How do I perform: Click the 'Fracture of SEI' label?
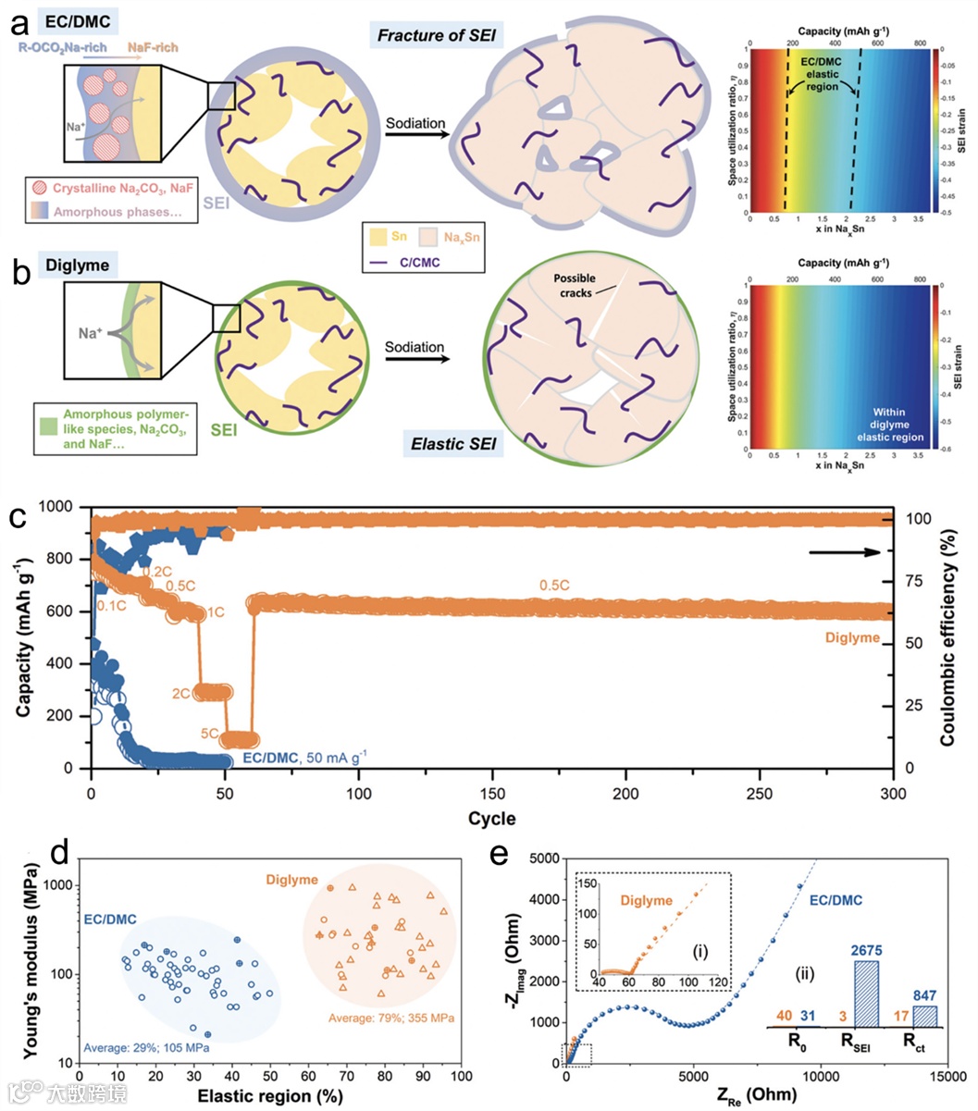(436, 37)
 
